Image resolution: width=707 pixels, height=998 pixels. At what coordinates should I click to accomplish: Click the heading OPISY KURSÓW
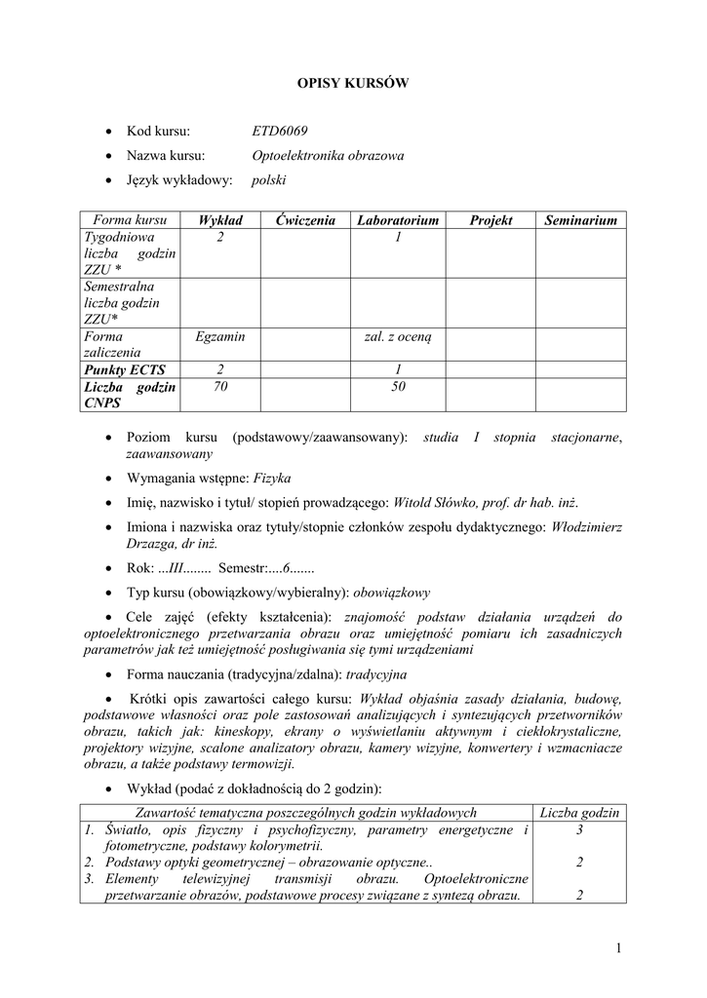tap(352, 84)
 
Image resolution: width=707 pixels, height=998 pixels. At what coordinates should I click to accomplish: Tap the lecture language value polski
tap(269, 180)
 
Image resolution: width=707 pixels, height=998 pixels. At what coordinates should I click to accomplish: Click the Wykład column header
tap(220, 221)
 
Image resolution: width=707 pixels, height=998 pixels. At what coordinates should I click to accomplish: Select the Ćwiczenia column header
tap(304, 221)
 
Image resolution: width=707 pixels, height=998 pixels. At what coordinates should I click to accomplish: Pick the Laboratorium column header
tap(398, 221)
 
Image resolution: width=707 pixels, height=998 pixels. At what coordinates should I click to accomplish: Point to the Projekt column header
tap(491, 221)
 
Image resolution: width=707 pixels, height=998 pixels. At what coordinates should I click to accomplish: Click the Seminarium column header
tap(581, 221)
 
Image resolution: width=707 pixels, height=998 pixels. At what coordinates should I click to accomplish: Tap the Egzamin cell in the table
tap(219, 336)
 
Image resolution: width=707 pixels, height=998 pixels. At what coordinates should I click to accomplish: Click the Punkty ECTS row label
tap(125, 369)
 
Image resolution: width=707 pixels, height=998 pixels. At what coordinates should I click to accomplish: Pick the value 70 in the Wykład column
tap(219, 387)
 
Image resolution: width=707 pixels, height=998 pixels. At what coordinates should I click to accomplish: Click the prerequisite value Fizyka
tap(272, 479)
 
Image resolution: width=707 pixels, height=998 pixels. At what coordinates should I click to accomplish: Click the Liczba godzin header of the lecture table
tap(580, 813)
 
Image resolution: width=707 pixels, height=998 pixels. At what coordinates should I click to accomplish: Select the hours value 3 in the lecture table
tap(580, 830)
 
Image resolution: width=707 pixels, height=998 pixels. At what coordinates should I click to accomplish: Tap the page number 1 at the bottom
tap(619, 948)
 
